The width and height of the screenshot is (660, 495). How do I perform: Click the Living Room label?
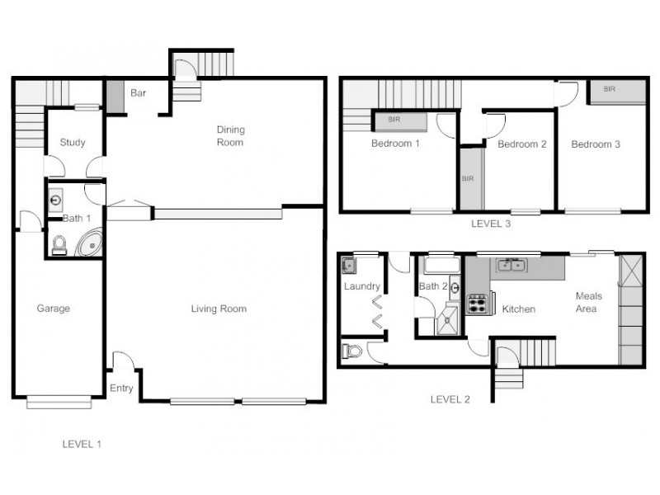pyautogui.click(x=219, y=309)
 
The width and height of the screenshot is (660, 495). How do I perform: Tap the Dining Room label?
pyautogui.click(x=230, y=136)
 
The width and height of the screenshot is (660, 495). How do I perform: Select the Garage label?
pyautogui.click(x=53, y=309)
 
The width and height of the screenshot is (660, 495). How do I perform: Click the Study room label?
pyautogui.click(x=73, y=143)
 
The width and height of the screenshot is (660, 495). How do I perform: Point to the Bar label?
pyautogui.click(x=139, y=93)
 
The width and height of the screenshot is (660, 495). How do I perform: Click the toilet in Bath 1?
pyautogui.click(x=59, y=244)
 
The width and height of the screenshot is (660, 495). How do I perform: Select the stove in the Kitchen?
pyautogui.click(x=478, y=304)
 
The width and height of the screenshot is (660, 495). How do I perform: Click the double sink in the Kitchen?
pyautogui.click(x=512, y=265)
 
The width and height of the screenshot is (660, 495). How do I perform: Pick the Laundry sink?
pyautogui.click(x=349, y=266)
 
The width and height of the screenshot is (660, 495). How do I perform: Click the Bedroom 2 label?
pyautogui.click(x=522, y=144)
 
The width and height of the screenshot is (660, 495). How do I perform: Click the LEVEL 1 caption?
pyautogui.click(x=82, y=444)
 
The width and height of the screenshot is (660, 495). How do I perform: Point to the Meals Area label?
pyautogui.click(x=588, y=302)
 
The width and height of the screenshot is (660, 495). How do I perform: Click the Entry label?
pyautogui.click(x=120, y=389)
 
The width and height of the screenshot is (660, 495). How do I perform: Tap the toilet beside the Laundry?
pyautogui.click(x=352, y=352)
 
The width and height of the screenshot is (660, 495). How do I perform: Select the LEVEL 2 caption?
pyautogui.click(x=450, y=399)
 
